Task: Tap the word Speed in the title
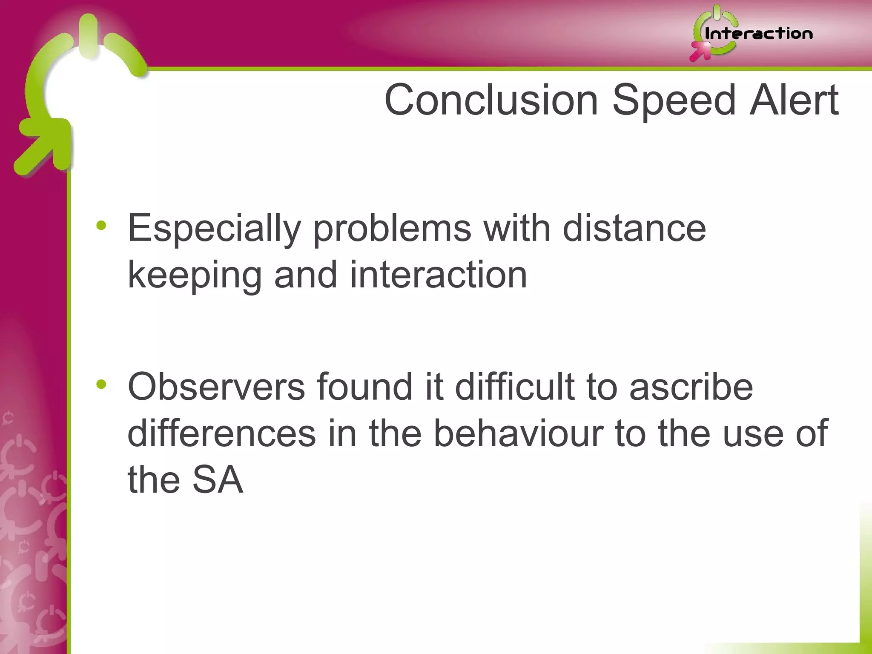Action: point(674,100)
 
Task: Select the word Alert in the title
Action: point(794,100)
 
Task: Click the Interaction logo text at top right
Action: point(758,34)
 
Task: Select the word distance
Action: point(634,228)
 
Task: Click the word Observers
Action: point(216,387)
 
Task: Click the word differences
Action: point(221,433)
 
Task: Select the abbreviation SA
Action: point(218,480)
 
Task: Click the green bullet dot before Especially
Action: point(101,225)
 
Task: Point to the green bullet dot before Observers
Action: point(101,384)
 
